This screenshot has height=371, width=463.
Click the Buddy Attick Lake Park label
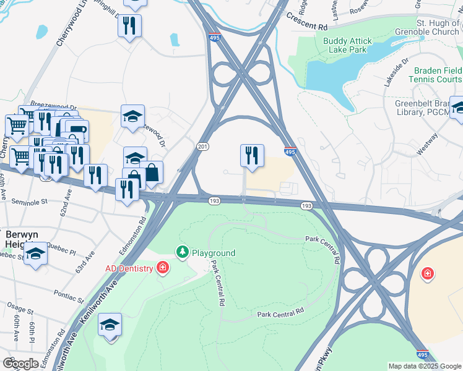pos(347,46)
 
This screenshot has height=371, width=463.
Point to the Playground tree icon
pos(182,252)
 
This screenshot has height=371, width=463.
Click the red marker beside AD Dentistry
pos(162,268)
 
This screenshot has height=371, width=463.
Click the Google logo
pos(20,364)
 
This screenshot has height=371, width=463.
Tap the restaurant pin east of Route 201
pos(252,155)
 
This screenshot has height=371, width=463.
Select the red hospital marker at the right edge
pos(427,273)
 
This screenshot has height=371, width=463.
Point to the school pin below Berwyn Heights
pos(36,255)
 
